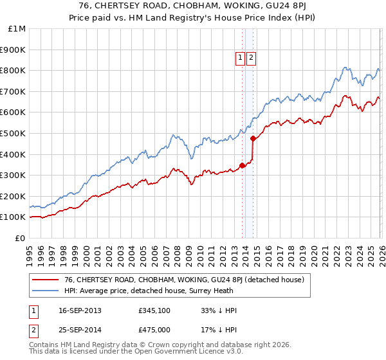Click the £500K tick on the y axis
pos(14,133)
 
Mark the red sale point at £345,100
pos(242,165)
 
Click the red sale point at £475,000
pos(253,138)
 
